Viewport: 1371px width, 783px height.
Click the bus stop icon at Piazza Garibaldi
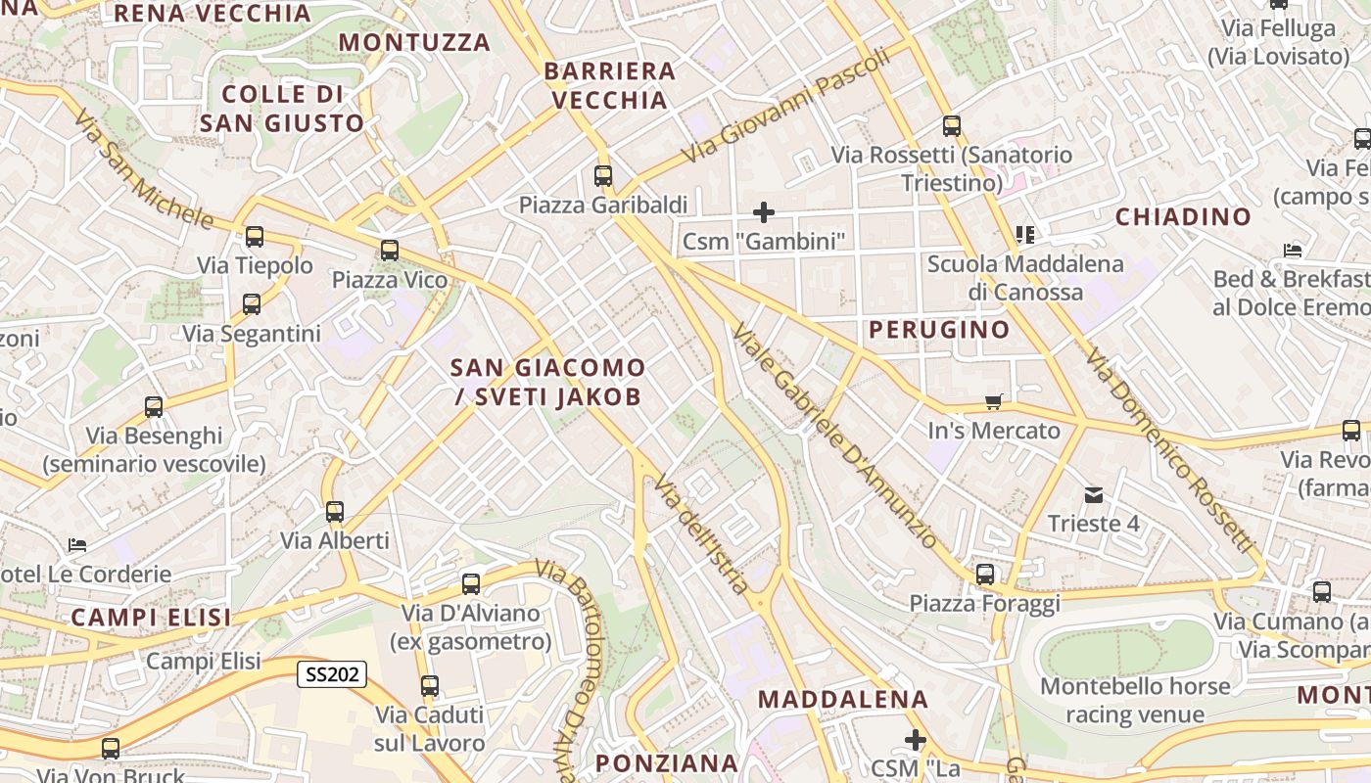point(603,176)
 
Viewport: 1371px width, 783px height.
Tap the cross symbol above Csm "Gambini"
point(763,211)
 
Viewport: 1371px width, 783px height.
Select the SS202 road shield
point(332,673)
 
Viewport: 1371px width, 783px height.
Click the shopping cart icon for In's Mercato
point(994,401)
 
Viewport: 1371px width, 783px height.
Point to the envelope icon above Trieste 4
point(1094,495)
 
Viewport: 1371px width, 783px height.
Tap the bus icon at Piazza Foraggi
point(985,575)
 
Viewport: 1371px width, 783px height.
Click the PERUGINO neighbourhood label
point(939,330)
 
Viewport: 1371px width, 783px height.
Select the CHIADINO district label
point(1183,216)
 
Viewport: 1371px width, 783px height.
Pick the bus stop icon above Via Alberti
point(335,512)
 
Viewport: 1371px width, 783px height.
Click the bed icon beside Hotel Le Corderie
point(77,545)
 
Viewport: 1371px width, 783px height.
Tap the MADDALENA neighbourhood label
point(842,699)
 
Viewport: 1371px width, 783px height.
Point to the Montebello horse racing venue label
point(1135,700)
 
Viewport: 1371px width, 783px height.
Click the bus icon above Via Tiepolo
point(255,236)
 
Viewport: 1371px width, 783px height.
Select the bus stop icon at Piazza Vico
point(390,251)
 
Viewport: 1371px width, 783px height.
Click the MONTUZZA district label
point(414,42)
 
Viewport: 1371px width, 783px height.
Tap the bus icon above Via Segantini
point(252,304)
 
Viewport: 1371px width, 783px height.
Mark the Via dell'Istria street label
point(702,534)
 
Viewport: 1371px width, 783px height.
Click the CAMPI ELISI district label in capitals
point(151,618)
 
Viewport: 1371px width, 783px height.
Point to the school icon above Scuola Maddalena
point(1025,234)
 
